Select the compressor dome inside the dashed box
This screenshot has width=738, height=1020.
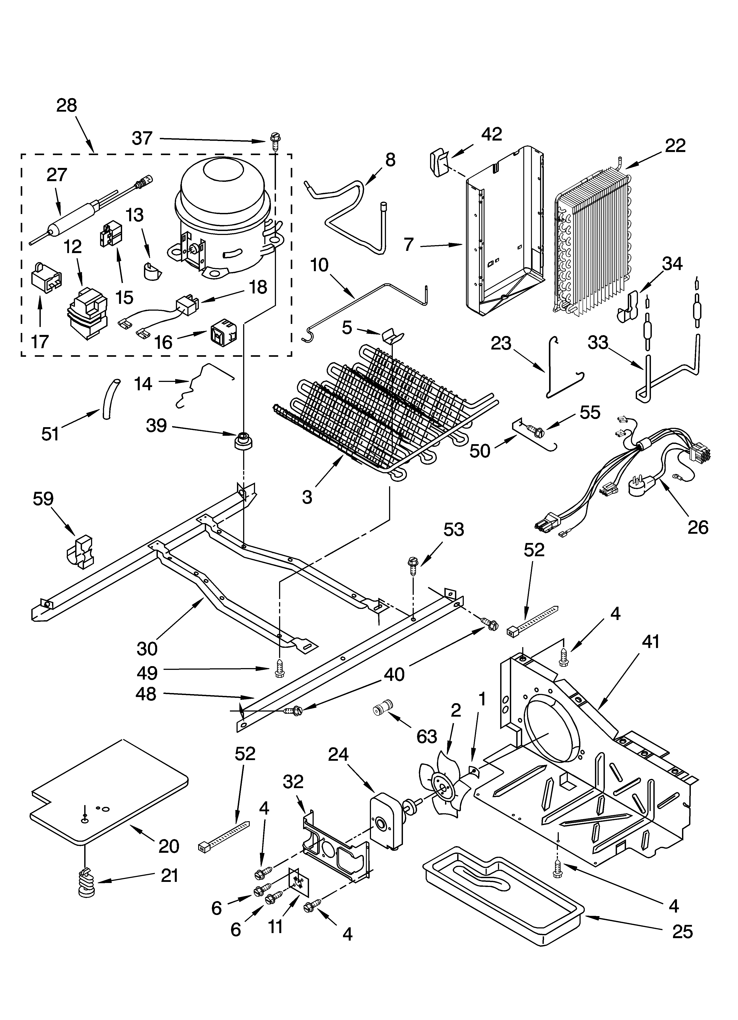[x=223, y=211]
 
